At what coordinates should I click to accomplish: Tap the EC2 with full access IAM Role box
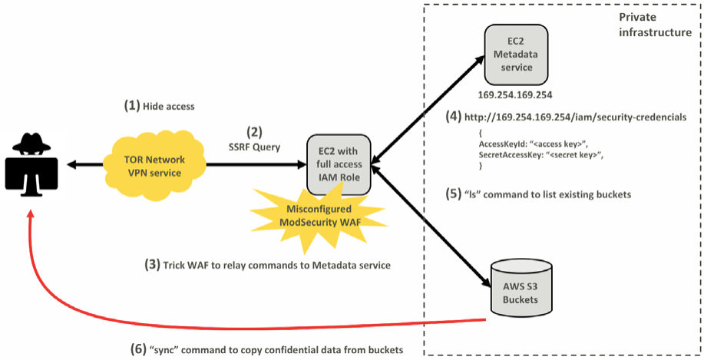coord(339,164)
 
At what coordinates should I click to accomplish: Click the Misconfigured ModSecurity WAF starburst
coord(319,218)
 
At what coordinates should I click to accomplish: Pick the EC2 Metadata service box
coord(516,57)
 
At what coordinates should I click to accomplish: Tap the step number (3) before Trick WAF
coord(151,266)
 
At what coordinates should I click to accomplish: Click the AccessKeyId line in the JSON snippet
coord(532,144)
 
